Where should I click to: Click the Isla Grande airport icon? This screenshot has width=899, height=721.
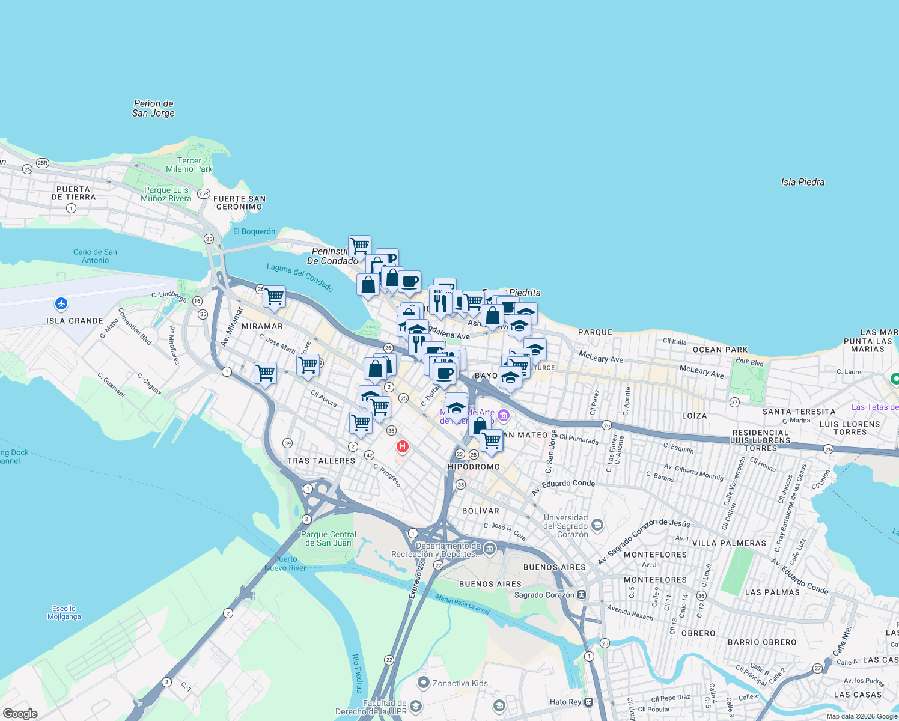click(61, 303)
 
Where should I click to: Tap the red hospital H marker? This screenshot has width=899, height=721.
click(403, 447)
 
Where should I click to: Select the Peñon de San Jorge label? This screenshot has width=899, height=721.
click(153, 108)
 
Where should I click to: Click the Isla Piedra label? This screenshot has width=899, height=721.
click(802, 182)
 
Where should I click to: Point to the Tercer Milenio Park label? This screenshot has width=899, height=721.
click(189, 165)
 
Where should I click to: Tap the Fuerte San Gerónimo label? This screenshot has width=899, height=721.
click(239, 202)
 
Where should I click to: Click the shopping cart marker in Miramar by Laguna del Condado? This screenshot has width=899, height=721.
click(274, 296)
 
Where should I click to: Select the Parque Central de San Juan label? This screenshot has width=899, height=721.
click(328, 538)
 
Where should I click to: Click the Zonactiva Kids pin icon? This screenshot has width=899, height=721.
click(424, 683)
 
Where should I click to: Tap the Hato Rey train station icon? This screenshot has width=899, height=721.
click(588, 702)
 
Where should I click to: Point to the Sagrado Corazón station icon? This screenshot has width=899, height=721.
click(581, 595)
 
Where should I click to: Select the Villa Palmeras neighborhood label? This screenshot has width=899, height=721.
click(729, 543)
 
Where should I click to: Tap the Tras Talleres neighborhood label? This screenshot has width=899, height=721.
click(321, 461)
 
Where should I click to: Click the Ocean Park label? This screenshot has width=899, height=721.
click(720, 350)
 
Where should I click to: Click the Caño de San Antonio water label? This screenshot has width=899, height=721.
click(95, 256)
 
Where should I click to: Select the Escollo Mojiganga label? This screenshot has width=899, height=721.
click(64, 612)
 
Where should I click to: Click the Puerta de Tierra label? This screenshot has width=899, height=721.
click(73, 193)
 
